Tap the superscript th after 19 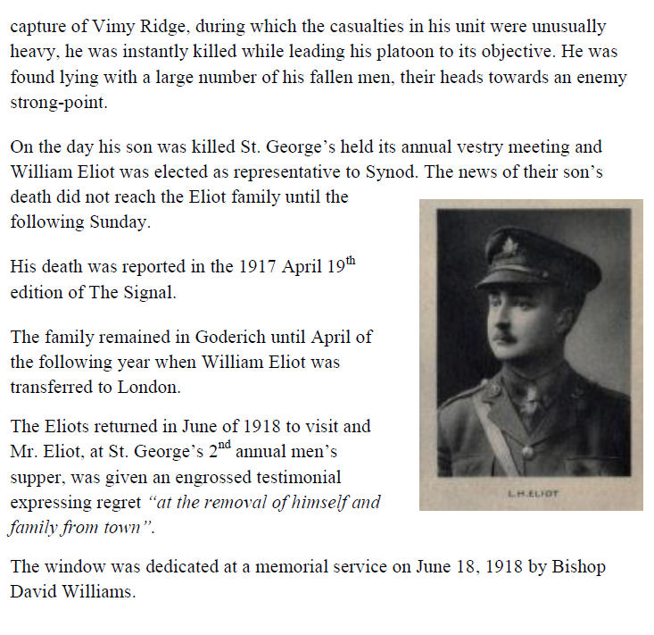[x=356, y=261]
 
